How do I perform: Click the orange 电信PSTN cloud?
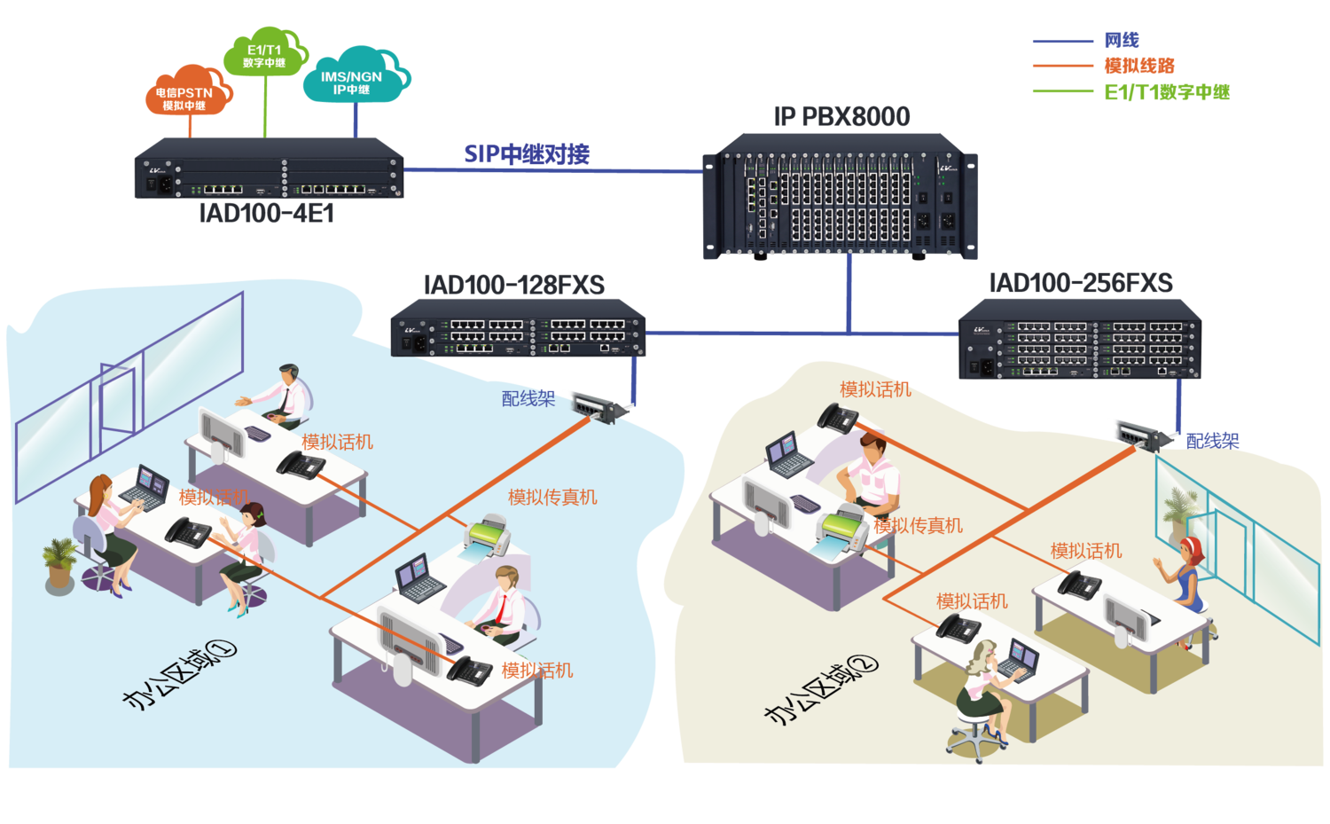point(186,93)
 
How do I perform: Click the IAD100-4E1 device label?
point(266,213)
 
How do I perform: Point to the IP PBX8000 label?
point(842,116)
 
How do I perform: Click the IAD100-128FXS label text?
point(514,285)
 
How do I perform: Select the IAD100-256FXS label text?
point(1081,283)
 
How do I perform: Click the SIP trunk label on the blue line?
point(527,154)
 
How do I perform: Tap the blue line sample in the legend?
point(1062,41)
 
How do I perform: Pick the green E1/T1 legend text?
point(1167,91)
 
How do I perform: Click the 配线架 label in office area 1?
point(528,399)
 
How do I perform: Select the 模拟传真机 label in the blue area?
point(552,497)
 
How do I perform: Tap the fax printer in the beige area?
point(843,531)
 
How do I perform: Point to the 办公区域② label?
point(820,689)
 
